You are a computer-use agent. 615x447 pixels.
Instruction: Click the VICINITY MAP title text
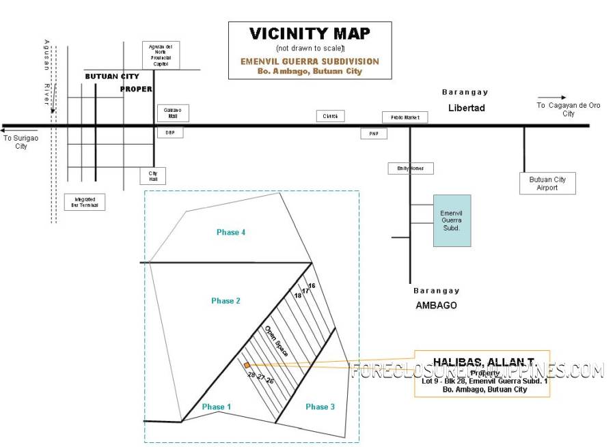pos(310,33)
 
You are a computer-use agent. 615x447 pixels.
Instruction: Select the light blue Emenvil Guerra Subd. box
pos(452,220)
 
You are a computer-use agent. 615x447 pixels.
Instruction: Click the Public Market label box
pos(405,117)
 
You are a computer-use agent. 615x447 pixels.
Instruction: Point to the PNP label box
pos(374,134)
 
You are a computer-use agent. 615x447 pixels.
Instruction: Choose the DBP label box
pos(170,132)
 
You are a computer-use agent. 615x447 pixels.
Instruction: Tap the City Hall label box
pos(152,176)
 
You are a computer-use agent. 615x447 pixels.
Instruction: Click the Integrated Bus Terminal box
pos(85,202)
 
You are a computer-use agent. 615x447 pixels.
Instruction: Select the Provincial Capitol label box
pos(161,55)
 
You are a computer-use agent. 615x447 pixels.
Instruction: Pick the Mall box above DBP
pos(173,113)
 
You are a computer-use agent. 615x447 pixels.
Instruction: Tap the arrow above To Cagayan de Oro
pos(551,98)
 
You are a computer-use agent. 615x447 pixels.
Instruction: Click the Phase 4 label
pos(231,233)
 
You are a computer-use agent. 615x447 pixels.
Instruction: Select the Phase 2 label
pos(225,301)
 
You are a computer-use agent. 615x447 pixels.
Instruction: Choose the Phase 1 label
pos(217,407)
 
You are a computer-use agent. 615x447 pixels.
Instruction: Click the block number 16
pos(312,285)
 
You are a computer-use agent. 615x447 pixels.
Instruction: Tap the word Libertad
pos(466,108)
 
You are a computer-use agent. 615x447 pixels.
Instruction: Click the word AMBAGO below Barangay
pos(436,305)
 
